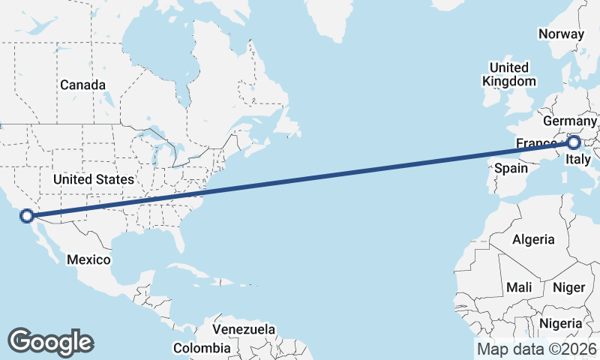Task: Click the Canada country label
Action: [83, 85]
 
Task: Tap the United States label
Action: [94, 179]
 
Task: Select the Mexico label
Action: [88, 259]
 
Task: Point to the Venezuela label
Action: [244, 329]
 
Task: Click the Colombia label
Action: [202, 348]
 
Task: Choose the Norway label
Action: [561, 34]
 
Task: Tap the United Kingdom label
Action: [510, 74]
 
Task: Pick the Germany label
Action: [569, 121]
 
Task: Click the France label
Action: [535, 143]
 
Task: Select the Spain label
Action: [511, 168]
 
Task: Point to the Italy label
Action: [578, 159]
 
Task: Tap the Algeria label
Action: [533, 239]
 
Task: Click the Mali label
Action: [519, 287]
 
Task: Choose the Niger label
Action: [568, 287]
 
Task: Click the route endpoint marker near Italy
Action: [574, 142]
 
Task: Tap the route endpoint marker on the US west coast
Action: [27, 216]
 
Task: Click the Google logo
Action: [50, 342]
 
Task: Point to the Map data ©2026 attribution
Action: [536, 349]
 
